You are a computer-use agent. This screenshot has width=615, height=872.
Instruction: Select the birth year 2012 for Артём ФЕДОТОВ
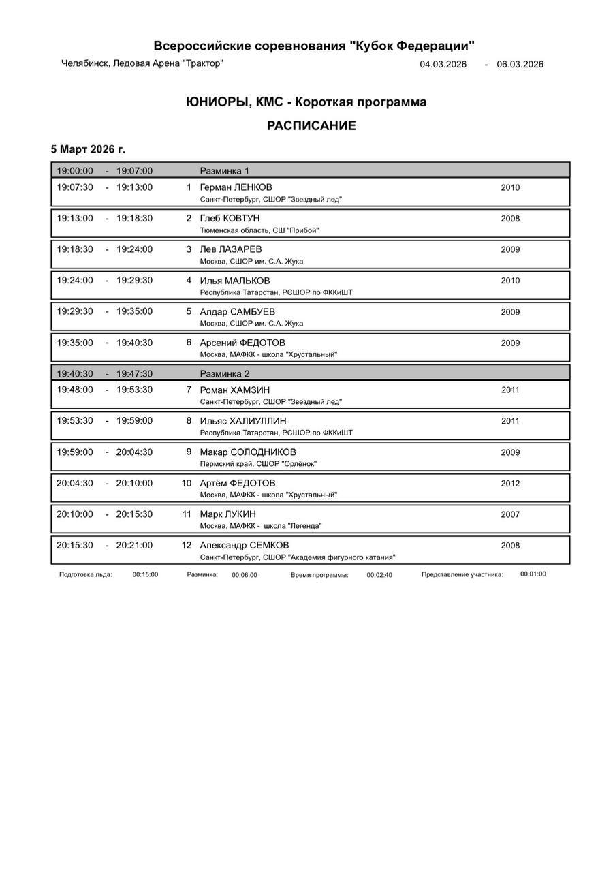tap(510, 484)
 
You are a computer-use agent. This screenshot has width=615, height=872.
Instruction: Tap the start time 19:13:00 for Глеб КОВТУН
tap(75, 218)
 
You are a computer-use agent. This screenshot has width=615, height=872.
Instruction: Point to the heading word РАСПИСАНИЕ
tap(311, 126)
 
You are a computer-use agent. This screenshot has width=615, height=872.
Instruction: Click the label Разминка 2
tap(224, 374)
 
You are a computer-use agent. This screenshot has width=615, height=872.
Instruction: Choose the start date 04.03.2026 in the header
tap(443, 65)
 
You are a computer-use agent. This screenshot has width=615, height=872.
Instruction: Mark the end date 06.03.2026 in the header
tap(520, 65)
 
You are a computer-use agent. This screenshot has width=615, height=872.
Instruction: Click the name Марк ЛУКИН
tap(227, 514)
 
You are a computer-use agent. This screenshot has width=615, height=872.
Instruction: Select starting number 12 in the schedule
tap(186, 545)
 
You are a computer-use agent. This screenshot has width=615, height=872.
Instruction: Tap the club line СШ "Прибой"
tap(296, 230)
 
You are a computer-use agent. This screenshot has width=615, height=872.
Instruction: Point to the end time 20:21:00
tap(134, 545)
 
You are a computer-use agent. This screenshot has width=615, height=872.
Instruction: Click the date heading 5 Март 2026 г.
tap(88, 149)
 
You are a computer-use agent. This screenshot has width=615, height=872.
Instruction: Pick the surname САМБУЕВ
tap(251, 311)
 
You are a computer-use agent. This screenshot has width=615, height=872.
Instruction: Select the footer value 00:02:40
tap(379, 575)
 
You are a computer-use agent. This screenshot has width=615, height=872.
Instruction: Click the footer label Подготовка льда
tap(86, 574)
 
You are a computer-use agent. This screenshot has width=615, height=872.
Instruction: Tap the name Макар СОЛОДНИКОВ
tap(248, 452)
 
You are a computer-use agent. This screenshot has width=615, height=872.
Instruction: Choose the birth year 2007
tap(510, 515)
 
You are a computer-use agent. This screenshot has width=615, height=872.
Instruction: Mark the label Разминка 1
tap(224, 171)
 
